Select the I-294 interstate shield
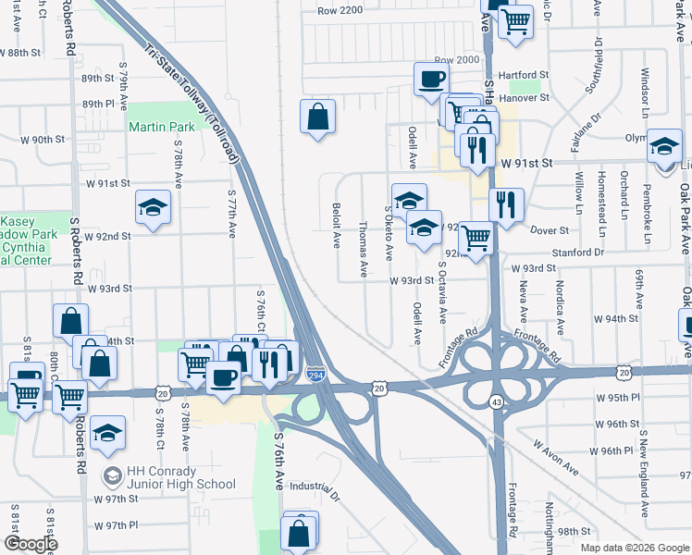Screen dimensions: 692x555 [x=315, y=375]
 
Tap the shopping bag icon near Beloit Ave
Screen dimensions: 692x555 [x=317, y=117]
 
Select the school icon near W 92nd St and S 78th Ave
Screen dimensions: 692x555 [x=153, y=207]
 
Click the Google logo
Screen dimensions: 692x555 [x=32, y=544]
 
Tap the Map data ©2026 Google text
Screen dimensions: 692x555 [x=634, y=547]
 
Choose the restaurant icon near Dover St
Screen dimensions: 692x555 [x=505, y=205]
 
